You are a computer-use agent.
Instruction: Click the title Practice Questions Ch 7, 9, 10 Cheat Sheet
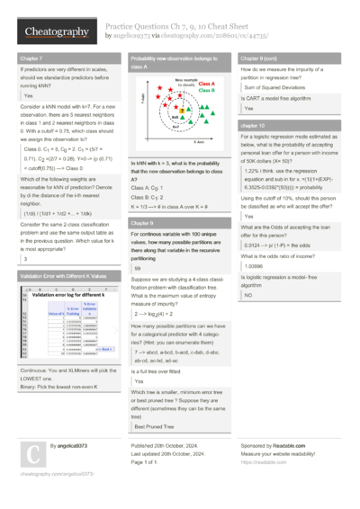point(180,27)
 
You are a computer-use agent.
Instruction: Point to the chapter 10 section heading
point(254,126)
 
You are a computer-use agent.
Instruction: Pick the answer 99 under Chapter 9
point(138,268)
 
